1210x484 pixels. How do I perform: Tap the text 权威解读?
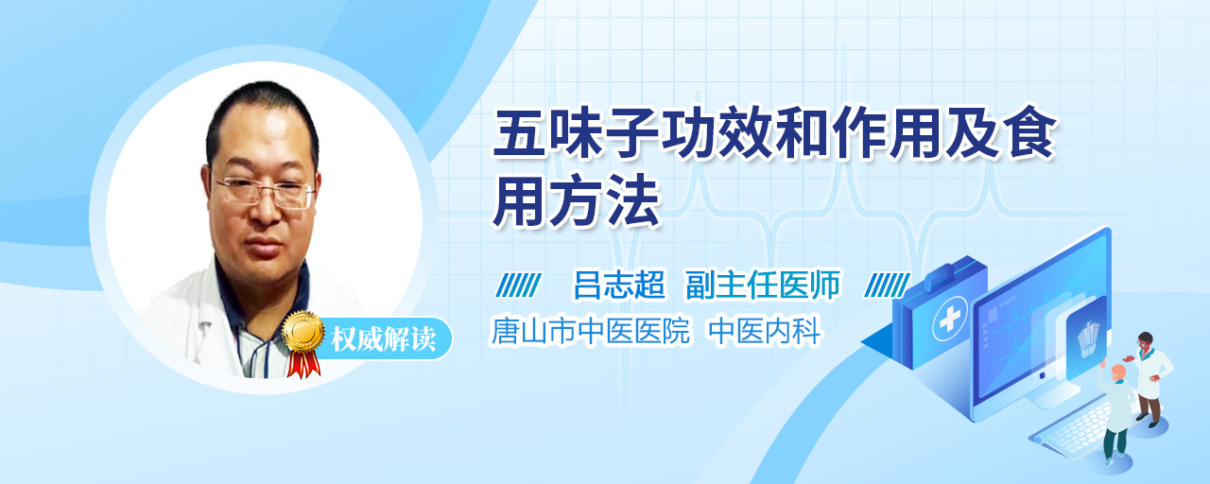point(384,339)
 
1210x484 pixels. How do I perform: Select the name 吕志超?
point(619,285)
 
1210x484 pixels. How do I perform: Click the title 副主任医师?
point(763,285)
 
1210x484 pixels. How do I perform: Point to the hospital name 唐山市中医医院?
point(591,331)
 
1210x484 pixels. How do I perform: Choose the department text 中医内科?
point(765,331)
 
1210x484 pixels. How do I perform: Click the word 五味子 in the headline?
point(576,133)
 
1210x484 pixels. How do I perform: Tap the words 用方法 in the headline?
point(576,201)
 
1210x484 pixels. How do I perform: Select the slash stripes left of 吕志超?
point(518,285)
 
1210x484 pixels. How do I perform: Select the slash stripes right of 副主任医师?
point(887,285)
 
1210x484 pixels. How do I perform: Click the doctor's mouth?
point(265,248)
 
